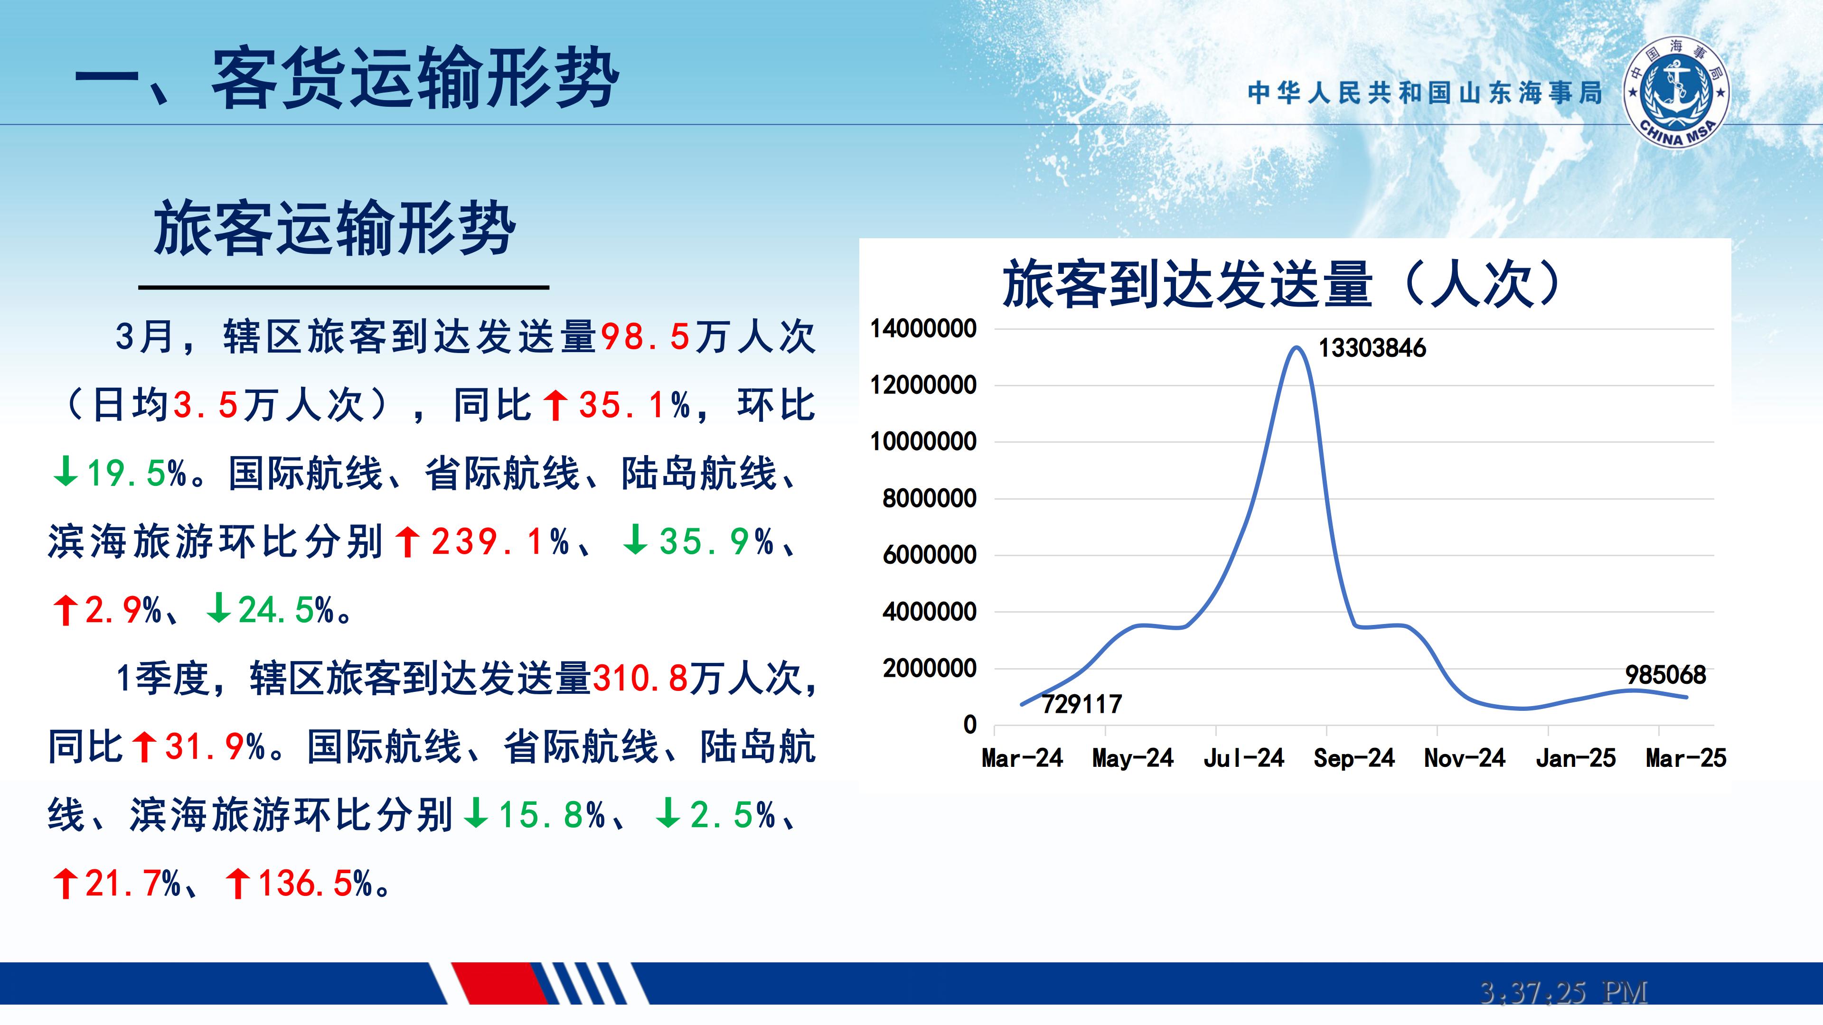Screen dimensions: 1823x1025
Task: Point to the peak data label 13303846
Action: pos(1372,348)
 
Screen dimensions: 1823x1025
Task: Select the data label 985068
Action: pos(1665,675)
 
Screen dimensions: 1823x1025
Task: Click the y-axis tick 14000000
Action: pos(923,328)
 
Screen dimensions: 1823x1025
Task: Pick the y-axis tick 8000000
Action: pos(929,499)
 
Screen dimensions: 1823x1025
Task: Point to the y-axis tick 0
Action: pos(969,724)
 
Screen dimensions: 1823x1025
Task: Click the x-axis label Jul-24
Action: pos(1243,758)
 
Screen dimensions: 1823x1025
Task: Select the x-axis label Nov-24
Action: pos(1464,758)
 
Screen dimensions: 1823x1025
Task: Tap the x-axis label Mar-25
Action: pos(1686,758)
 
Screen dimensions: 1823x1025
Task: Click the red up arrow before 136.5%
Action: pos(237,884)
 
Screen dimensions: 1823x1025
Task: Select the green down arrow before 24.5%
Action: pos(218,608)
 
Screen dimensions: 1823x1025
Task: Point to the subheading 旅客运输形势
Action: pos(334,228)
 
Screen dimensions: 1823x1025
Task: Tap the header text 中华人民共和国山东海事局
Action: pos(1425,93)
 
